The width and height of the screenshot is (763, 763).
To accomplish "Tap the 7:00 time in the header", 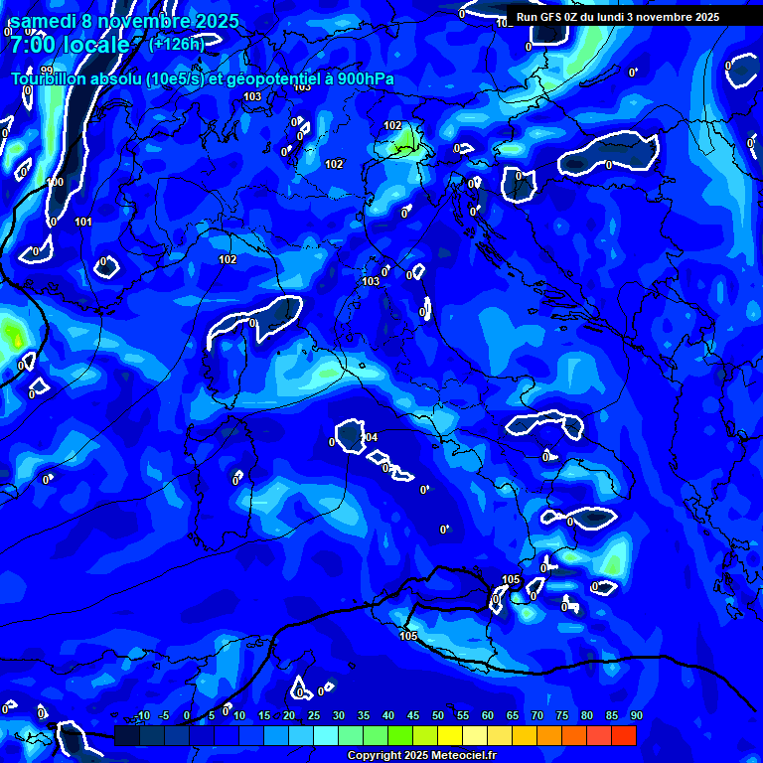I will [31, 45].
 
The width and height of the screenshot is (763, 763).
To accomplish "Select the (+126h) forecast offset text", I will [177, 44].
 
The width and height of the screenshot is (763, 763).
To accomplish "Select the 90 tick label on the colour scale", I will [636, 716].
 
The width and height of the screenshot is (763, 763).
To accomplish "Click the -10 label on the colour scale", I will [141, 716].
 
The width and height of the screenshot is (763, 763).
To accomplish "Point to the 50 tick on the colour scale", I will [437, 716].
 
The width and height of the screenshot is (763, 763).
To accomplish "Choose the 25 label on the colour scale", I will [313, 716].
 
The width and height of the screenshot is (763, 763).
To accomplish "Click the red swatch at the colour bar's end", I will [624, 735].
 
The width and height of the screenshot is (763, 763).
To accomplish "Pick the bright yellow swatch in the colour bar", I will [450, 735].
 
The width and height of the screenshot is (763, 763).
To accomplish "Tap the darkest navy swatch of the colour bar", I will [127, 735].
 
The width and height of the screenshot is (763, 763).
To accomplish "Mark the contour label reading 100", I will [55, 182].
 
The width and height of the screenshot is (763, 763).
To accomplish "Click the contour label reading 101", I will [83, 222].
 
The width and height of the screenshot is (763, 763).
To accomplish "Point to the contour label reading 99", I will [47, 71].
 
